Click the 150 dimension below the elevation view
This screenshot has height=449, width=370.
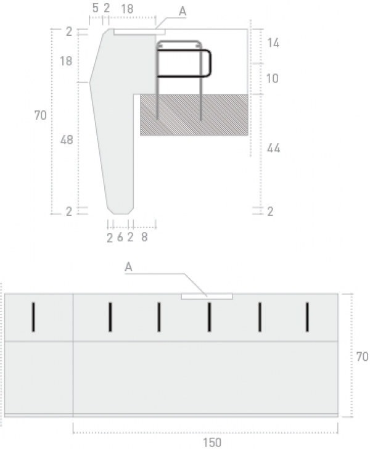click(x=212, y=442)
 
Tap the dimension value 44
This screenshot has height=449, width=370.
click(x=273, y=148)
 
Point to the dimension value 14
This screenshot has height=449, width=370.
click(x=273, y=43)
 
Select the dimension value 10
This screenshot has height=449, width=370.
click(x=272, y=78)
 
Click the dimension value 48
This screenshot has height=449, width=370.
click(x=67, y=140)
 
